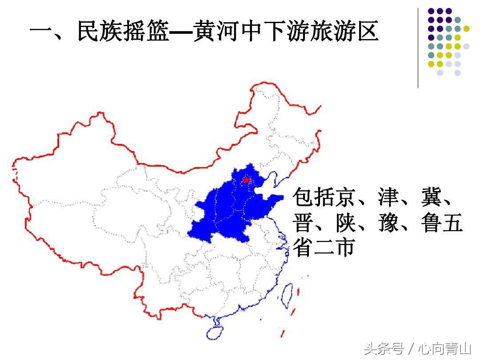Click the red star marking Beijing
246,180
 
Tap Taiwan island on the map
288,294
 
